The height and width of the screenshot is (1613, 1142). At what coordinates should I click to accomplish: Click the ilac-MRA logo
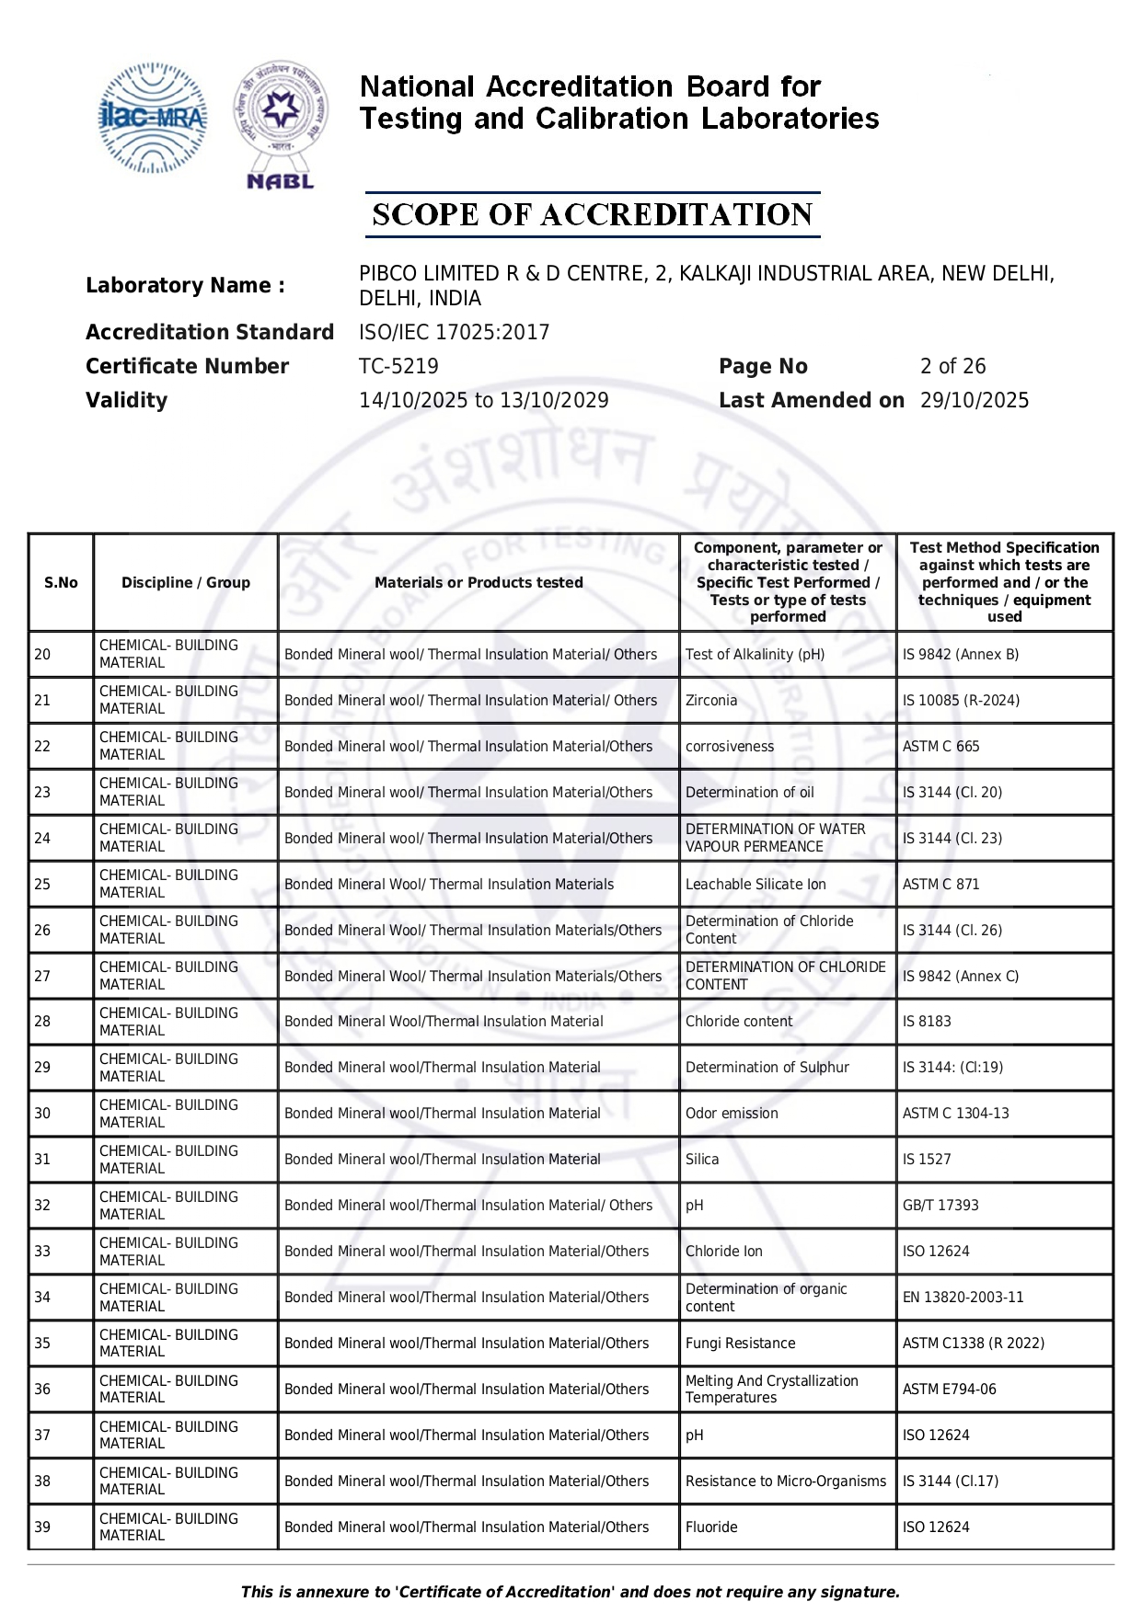click(152, 118)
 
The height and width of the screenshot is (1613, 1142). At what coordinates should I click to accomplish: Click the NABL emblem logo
click(280, 125)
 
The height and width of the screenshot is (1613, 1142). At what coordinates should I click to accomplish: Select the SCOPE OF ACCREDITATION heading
click(592, 215)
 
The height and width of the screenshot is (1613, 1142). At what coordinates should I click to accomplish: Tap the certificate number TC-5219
click(398, 366)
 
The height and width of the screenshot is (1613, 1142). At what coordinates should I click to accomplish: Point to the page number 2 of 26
click(952, 366)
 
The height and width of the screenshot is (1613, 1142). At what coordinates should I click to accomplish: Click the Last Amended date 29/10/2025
click(975, 400)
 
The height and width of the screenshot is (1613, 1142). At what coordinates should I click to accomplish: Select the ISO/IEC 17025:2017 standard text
click(454, 332)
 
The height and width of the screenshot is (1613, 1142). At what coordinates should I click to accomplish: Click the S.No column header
click(61, 582)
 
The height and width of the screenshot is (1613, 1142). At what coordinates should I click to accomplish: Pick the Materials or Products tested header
click(479, 582)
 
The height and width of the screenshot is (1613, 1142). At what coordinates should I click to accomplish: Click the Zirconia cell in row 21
click(711, 700)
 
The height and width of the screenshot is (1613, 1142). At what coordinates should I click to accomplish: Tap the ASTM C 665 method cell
click(940, 746)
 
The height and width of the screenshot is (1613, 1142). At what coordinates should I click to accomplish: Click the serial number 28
click(42, 1021)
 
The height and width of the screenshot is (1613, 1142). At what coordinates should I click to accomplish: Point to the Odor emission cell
click(732, 1113)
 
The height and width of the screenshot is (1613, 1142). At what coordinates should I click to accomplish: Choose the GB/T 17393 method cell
click(940, 1205)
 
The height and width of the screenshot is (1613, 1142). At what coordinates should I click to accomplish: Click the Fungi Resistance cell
click(740, 1343)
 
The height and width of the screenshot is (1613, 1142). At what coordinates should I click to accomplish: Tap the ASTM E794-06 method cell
click(949, 1389)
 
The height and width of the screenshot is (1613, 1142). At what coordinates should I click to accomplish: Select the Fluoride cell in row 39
click(711, 1527)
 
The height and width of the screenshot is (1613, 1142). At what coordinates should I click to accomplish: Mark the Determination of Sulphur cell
click(767, 1067)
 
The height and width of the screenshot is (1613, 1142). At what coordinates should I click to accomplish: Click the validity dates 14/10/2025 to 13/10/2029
click(483, 400)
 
